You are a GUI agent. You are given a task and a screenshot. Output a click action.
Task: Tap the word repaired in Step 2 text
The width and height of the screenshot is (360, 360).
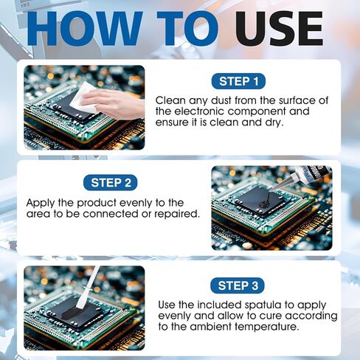(x=173, y=214)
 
